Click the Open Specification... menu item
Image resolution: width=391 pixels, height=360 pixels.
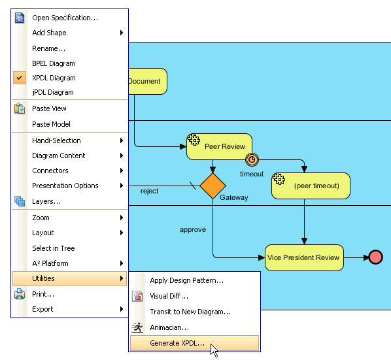(65, 18)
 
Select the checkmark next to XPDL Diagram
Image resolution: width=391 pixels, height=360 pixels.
(20, 78)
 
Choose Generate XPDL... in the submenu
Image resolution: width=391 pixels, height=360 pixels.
(177, 343)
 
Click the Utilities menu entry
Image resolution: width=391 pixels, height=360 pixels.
(69, 278)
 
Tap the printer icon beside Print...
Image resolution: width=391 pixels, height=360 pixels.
(20, 294)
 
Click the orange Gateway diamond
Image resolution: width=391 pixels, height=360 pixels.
(212, 186)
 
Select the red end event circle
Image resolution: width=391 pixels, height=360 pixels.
(375, 257)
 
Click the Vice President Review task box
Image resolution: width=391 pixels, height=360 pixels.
(304, 257)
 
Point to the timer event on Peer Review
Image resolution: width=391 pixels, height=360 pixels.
(252, 159)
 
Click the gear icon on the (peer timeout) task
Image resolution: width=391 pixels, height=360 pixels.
(279, 178)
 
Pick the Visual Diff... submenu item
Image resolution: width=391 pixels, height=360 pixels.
(169, 296)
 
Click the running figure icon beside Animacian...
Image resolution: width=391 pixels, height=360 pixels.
(137, 327)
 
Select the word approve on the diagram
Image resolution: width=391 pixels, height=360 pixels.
(193, 230)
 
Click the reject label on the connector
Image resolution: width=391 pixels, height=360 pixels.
(149, 191)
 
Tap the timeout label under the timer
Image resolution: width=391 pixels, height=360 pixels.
(252, 174)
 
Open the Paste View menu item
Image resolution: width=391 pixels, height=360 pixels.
(50, 108)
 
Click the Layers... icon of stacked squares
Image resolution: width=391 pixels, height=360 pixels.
(20, 201)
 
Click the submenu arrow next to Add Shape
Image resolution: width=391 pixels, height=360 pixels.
(122, 33)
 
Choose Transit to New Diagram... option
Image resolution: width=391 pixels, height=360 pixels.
(190, 312)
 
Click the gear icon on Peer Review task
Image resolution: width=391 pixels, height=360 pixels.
(194, 140)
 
